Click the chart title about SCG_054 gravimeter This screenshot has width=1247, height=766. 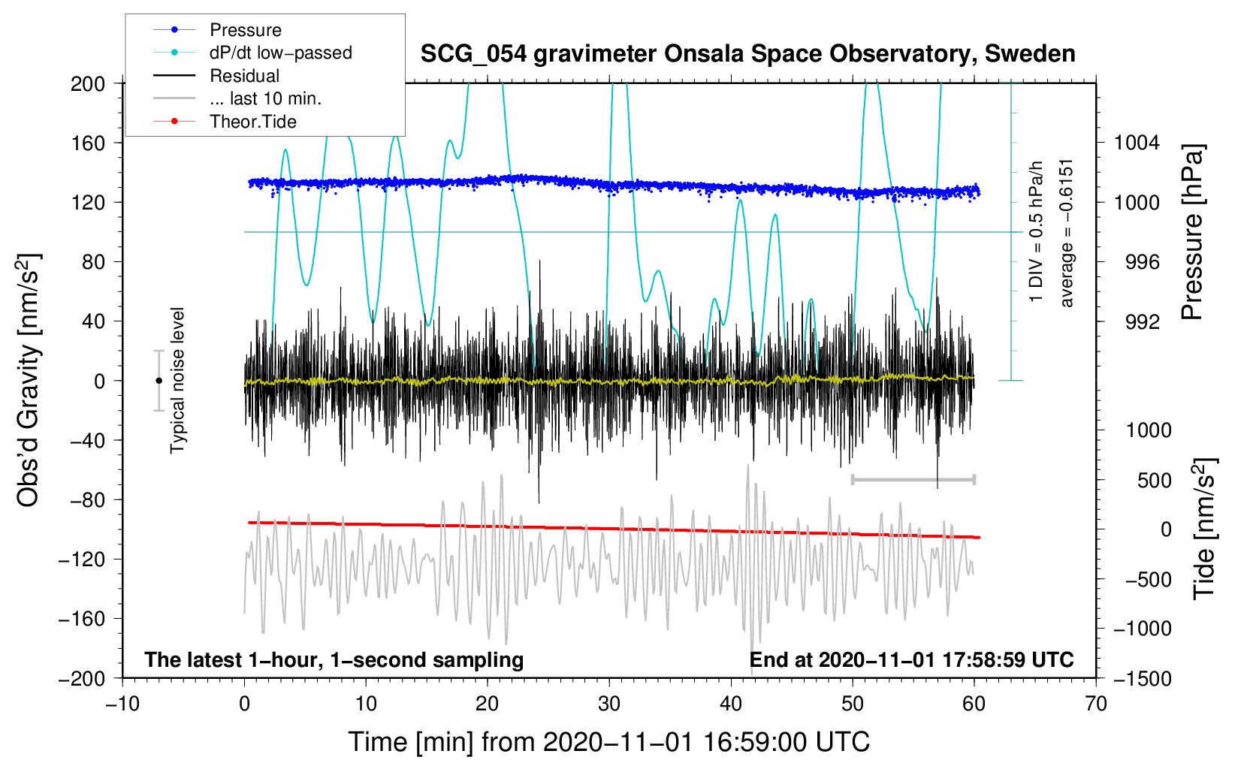click(747, 54)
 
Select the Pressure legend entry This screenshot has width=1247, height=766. click(245, 30)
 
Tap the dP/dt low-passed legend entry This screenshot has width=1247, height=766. click(280, 53)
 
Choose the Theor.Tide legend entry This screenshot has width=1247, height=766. click(252, 122)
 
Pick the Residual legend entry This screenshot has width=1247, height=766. click(244, 76)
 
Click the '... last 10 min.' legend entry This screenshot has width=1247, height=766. click(265, 98)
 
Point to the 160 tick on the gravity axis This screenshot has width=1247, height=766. click(88, 143)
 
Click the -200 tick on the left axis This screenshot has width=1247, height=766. click(83, 678)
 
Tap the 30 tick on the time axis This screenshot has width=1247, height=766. click(609, 704)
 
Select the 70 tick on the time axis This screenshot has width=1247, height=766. click(1096, 704)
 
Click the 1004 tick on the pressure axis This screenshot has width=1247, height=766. click(1137, 143)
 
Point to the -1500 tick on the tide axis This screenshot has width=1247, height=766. click(1143, 678)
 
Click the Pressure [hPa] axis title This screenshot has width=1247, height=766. click(1193, 232)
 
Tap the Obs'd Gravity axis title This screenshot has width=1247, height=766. click(29, 380)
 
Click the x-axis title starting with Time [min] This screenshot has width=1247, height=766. click(608, 742)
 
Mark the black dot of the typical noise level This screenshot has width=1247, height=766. click(159, 381)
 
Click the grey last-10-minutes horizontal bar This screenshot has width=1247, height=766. click(913, 479)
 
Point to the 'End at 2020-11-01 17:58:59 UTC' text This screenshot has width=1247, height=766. click(911, 659)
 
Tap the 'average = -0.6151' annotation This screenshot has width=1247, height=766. click(1067, 233)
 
